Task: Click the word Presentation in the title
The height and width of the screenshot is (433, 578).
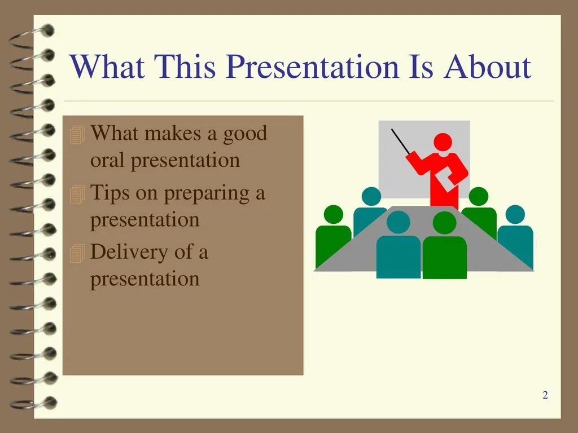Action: click(313, 67)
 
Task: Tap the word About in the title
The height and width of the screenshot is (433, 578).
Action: click(488, 67)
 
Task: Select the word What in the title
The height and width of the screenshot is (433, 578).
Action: click(107, 67)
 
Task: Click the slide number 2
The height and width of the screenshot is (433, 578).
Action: click(545, 395)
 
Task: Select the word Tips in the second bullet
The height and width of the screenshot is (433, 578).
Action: click(110, 193)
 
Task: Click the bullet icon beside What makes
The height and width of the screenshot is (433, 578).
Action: click(77, 134)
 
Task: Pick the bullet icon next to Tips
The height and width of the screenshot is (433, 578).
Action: click(77, 194)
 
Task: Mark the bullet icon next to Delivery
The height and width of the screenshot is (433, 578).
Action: click(77, 253)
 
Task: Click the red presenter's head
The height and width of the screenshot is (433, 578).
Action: click(443, 142)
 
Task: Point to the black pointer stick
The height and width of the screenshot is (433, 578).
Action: click(401, 142)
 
